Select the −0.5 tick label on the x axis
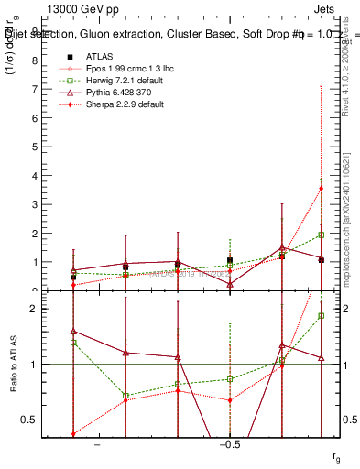pyautogui.click(x=229, y=444)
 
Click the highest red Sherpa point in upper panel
pyautogui.click(x=321, y=189)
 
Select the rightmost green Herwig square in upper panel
pyautogui.click(x=321, y=234)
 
